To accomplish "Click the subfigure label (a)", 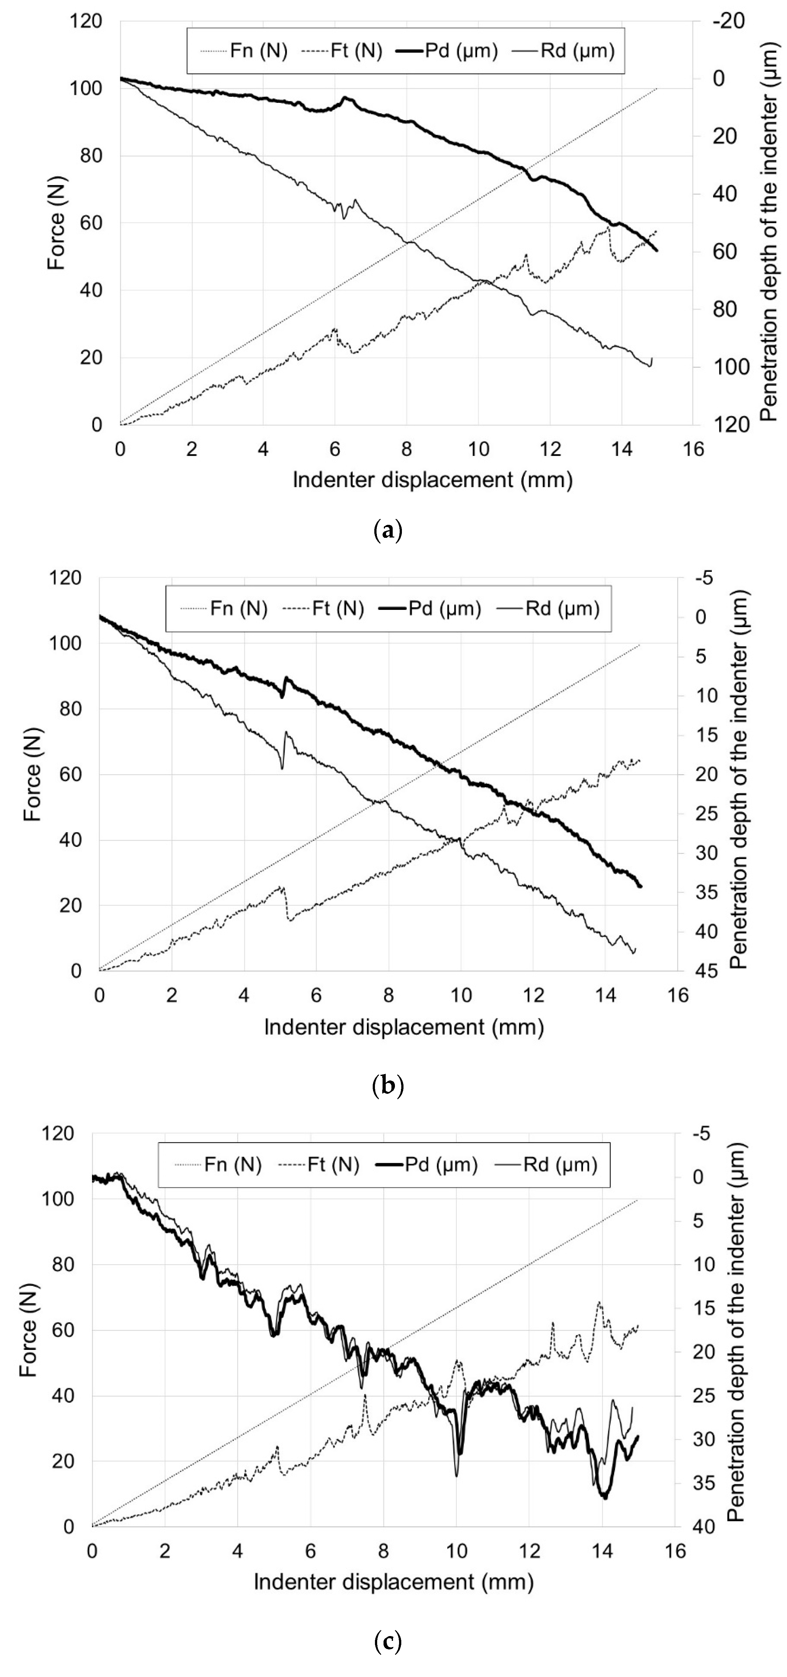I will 389,531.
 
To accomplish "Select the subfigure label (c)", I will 389,1642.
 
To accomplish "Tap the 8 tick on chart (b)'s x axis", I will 389,995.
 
